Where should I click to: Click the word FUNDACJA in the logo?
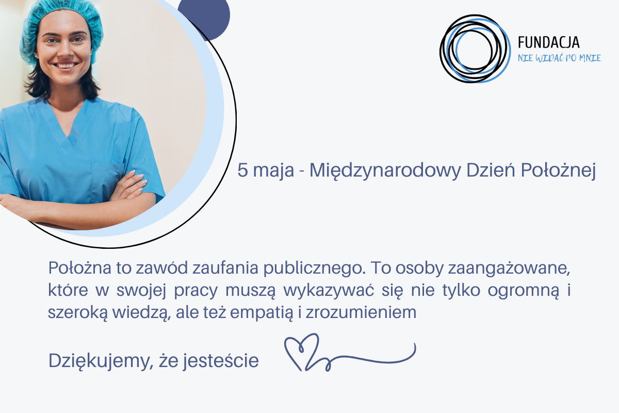point(548,43)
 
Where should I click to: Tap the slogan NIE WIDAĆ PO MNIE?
point(559,58)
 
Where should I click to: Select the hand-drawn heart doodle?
point(303,351)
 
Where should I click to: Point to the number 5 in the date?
point(242,171)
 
